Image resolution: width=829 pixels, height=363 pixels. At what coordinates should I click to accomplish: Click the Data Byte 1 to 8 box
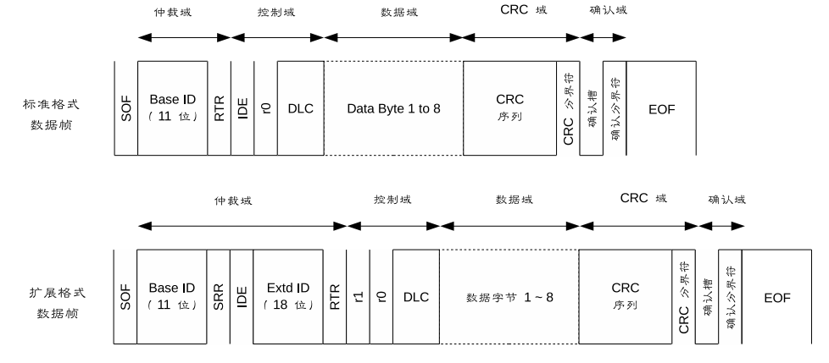tap(393, 108)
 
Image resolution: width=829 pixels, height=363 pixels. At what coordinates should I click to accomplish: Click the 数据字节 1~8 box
tap(509, 297)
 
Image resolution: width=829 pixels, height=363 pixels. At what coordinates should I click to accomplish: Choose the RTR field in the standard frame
tap(219, 108)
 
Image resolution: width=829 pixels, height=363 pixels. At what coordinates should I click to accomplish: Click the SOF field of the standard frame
tap(125, 108)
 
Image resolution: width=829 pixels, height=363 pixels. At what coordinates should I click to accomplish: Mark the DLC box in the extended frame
tap(416, 297)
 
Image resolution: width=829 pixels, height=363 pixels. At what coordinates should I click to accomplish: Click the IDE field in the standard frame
tap(242, 108)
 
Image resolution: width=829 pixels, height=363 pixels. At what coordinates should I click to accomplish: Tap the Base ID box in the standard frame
tap(172, 108)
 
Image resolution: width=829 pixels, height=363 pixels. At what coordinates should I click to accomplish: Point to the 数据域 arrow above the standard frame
tap(393, 37)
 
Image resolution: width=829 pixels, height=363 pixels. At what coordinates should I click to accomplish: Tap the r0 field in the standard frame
tap(265, 108)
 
